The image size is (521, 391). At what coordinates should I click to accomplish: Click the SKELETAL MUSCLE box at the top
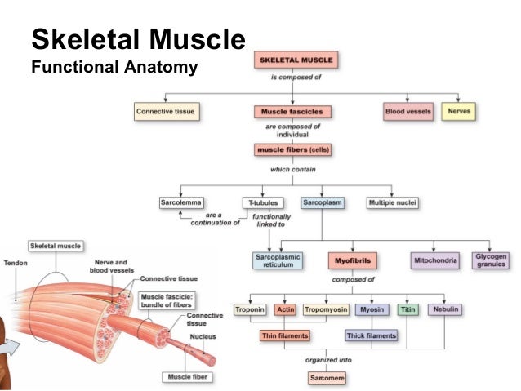coord(296,60)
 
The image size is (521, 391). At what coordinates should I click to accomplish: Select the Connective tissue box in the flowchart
coord(167,110)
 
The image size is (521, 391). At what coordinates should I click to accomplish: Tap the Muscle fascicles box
coord(292,110)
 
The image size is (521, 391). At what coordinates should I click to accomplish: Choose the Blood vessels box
coord(407,110)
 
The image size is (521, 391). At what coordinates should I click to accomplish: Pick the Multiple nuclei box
coord(394,202)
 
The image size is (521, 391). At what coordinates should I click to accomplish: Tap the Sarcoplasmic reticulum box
coord(278,260)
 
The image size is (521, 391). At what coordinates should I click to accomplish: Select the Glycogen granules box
coord(492,260)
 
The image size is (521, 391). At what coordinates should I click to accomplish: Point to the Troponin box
coord(250,309)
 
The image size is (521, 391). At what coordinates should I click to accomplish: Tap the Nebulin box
coord(445,309)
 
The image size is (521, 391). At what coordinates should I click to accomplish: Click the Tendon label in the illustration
coord(15,263)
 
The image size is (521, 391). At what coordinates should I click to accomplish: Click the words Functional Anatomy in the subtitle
coord(114,67)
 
